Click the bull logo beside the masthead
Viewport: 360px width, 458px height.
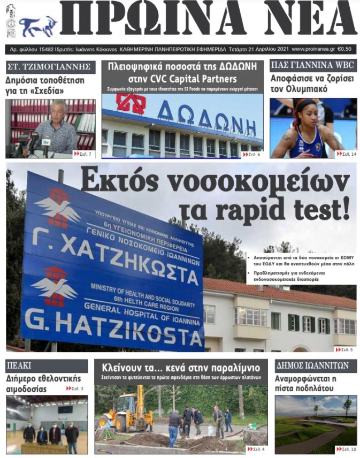tap(38, 25)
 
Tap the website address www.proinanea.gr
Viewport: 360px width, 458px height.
tap(313, 49)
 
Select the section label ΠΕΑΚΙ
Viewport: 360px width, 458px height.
tap(19, 366)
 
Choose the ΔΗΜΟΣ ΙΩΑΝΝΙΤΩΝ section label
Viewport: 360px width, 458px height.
tap(312, 366)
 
